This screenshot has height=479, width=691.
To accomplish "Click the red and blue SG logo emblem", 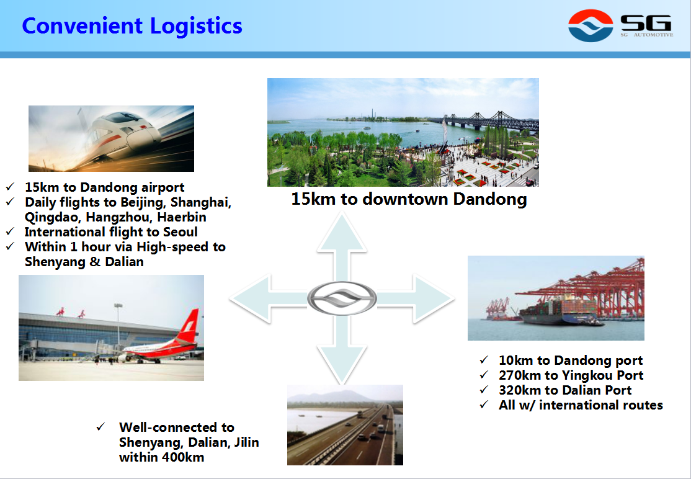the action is click(x=591, y=25).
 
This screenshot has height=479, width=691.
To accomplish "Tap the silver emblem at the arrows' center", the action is click(x=342, y=298).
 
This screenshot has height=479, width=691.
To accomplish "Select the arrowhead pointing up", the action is click(x=342, y=232).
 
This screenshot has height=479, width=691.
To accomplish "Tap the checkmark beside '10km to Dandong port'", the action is click(x=484, y=360).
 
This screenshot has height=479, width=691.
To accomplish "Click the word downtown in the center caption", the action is click(x=405, y=199).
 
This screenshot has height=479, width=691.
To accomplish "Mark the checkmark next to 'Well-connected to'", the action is click(x=101, y=427).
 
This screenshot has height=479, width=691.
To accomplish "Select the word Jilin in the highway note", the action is click(x=246, y=442).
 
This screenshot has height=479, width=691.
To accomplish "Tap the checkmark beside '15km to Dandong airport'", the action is click(x=10, y=187).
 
